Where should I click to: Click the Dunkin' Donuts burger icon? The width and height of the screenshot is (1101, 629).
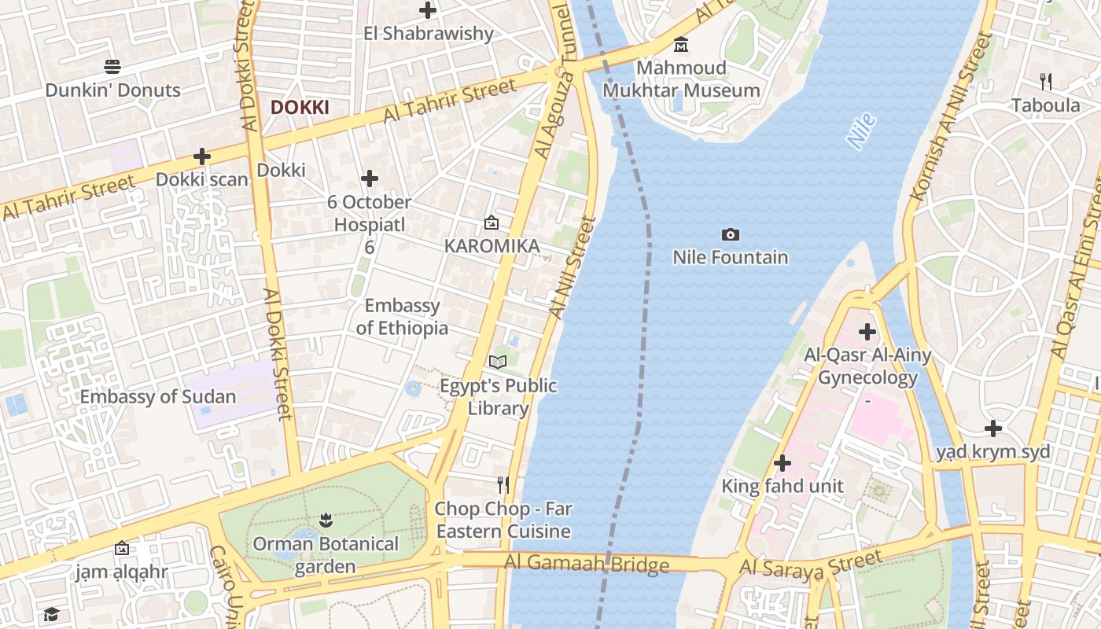[x=112, y=67]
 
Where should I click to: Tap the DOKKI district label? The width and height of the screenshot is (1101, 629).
[x=300, y=108]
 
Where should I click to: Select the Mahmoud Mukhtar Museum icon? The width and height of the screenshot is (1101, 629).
[x=681, y=44]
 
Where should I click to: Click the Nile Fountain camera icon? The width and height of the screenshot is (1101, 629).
[x=730, y=234]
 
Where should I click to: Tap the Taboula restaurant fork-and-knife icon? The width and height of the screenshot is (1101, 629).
[x=1045, y=81]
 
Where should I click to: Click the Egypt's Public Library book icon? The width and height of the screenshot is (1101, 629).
[x=497, y=362]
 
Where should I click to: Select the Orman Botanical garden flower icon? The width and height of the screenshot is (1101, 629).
[x=326, y=520]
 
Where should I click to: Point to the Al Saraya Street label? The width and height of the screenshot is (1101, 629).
[x=810, y=565]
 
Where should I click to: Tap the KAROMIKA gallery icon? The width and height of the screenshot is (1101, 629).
[x=492, y=223]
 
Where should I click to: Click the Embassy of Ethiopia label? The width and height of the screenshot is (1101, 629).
[x=402, y=316]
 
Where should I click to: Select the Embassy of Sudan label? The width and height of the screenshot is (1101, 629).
[x=158, y=396]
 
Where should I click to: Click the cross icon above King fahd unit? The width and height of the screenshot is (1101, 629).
[x=782, y=463]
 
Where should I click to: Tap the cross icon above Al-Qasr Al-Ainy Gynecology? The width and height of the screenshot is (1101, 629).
[x=867, y=332]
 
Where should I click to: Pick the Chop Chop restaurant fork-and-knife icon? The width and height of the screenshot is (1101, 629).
[x=503, y=484]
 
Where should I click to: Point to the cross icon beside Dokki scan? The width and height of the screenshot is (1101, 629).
[x=202, y=156]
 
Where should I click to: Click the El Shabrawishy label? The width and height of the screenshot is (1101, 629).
[x=429, y=34]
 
